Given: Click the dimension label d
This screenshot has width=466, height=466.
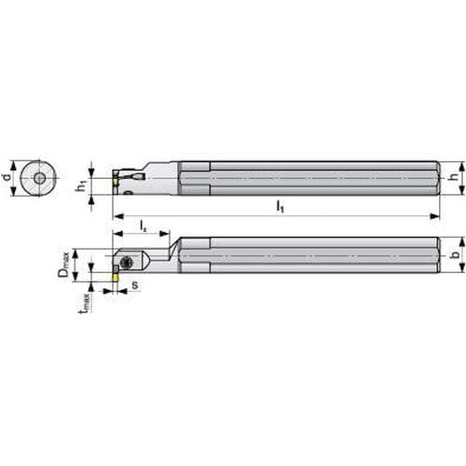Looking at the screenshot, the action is pyautogui.click(x=7, y=177).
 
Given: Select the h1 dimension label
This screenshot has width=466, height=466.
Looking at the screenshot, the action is pyautogui.click(x=81, y=185).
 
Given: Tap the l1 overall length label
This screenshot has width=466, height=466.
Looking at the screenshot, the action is pyautogui.click(x=281, y=206).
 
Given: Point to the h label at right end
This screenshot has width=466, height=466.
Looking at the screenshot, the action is pyautogui.click(x=455, y=177).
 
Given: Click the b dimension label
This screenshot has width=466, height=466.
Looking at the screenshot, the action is pyautogui.click(x=456, y=254).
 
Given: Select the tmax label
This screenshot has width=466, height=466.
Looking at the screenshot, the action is pyautogui.click(x=85, y=303).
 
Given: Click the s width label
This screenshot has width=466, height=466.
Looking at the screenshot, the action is pyautogui.click(x=135, y=285).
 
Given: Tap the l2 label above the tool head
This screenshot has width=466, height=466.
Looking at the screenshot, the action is pyautogui.click(x=144, y=226).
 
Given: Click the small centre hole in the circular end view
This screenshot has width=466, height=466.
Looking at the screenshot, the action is pyautogui.click(x=39, y=178).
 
